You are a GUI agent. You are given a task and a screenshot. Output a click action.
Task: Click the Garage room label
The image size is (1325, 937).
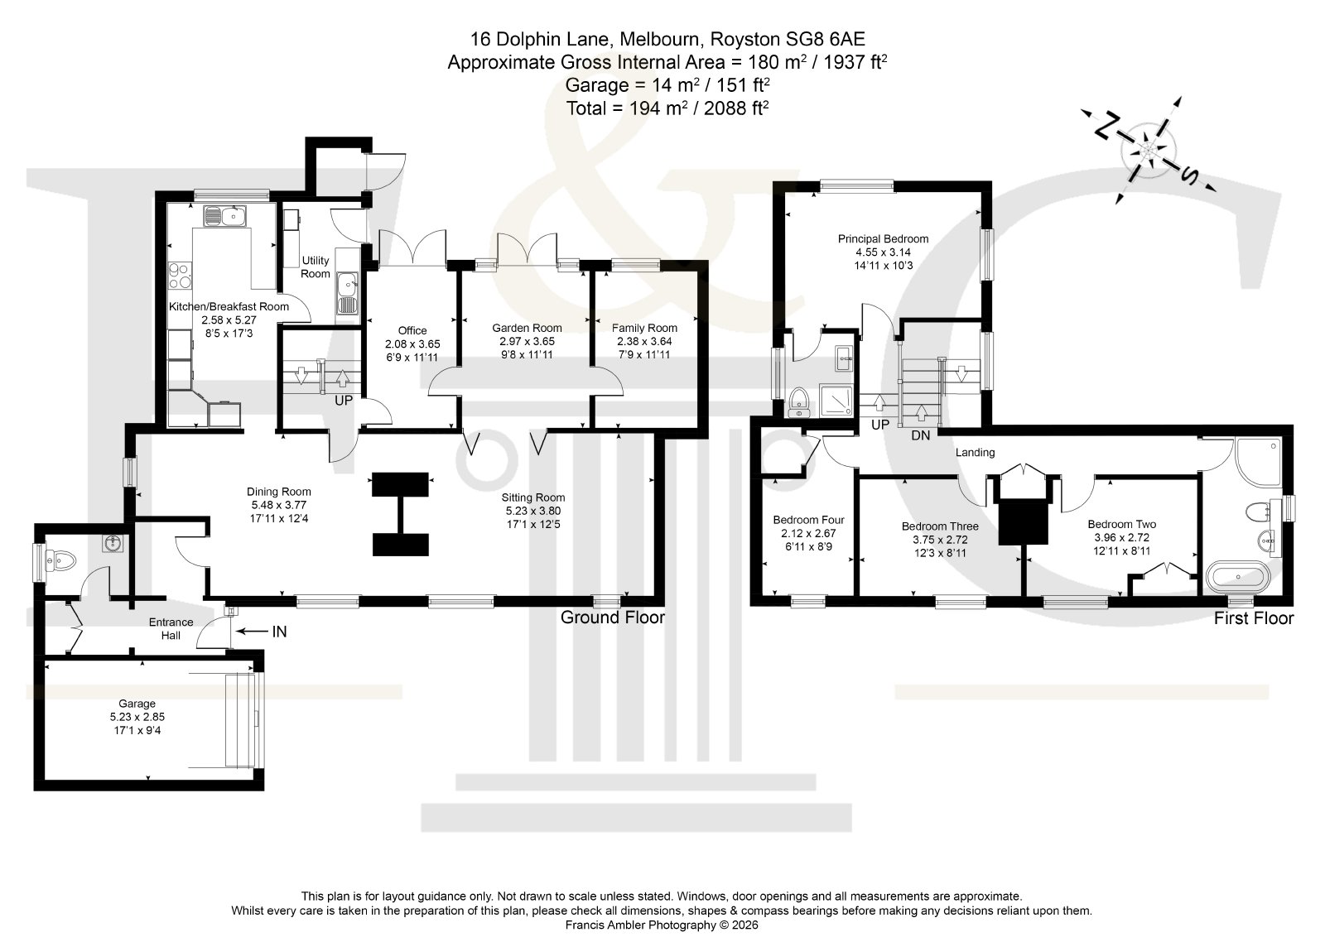pyautogui.click(x=137, y=704)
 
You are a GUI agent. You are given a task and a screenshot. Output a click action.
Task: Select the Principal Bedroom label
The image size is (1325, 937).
pyautogui.click(x=883, y=239)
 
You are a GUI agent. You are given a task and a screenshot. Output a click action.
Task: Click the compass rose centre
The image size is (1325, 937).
pyautogui.click(x=1148, y=151)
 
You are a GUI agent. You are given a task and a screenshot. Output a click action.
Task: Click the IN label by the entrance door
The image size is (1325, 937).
pyautogui.click(x=279, y=632)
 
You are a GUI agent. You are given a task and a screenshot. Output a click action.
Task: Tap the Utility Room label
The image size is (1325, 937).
pyautogui.click(x=316, y=267)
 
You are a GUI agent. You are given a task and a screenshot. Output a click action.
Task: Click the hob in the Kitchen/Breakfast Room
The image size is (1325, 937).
pyautogui.click(x=180, y=276)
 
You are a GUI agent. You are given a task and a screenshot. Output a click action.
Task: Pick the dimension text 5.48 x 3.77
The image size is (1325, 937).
pyautogui.click(x=278, y=505)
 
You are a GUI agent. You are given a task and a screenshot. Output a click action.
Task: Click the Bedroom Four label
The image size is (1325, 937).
pyautogui.click(x=808, y=520)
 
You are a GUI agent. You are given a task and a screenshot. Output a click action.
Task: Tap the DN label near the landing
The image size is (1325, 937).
pyautogui.click(x=920, y=435)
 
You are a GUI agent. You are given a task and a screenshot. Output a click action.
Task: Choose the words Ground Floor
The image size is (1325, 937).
pyautogui.click(x=613, y=617)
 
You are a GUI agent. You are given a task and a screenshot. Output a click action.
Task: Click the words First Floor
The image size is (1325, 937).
pyautogui.click(x=1254, y=618)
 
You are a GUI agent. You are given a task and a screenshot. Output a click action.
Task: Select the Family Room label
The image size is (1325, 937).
pyautogui.click(x=644, y=328)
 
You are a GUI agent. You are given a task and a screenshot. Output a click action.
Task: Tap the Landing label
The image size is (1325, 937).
pyautogui.click(x=975, y=453)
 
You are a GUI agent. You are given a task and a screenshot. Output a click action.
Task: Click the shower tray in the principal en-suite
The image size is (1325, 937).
pyautogui.click(x=836, y=401)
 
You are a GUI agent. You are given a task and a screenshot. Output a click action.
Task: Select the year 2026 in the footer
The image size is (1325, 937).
pyautogui.click(x=744, y=925)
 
